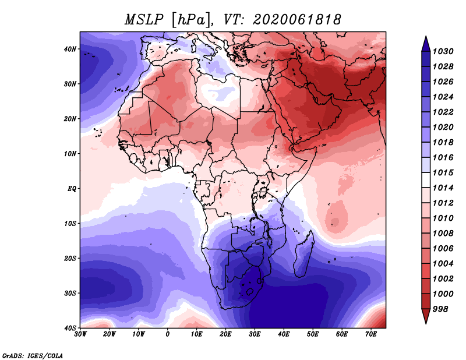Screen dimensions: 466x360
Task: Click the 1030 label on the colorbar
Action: coord(443,51)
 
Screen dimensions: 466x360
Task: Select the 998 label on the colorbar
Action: coord(440,309)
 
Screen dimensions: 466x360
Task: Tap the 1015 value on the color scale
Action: coord(443,172)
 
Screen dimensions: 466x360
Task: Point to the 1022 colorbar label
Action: coord(443,112)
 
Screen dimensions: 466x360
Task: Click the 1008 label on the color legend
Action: coord(443,234)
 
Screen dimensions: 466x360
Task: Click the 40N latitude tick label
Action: coord(70,49)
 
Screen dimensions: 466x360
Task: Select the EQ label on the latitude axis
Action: coord(72,189)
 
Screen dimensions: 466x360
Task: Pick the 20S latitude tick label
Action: coord(70,258)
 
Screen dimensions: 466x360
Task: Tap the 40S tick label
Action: coord(70,328)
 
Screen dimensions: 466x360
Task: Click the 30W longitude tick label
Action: coord(80,334)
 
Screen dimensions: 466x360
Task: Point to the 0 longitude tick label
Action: coord(168,334)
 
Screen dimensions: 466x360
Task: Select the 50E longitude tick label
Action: coord(313,334)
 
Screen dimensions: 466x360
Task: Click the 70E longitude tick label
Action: coord(371,334)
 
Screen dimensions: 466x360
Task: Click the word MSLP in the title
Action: coord(144,20)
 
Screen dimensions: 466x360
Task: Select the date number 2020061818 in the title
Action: coord(296,20)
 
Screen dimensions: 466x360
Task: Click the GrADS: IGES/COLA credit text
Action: coord(33,355)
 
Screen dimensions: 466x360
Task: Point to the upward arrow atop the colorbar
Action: coord(426,44)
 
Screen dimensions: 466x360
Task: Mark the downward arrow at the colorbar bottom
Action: coord(426,316)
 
